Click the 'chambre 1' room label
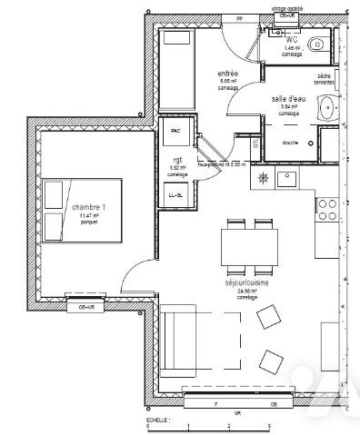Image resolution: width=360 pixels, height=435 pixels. [x=89, y=208]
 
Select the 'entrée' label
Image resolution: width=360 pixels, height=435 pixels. [x=228, y=74]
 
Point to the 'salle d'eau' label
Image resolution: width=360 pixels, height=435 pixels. [x=288, y=98]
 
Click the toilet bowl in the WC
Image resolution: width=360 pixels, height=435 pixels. [x=317, y=44]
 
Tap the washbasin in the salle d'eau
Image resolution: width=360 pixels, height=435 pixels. [x=326, y=109]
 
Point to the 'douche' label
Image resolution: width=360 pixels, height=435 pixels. [x=290, y=143]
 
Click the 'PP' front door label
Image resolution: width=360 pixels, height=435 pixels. [x=239, y=17]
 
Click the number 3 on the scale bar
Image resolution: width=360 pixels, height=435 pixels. [x=270, y=426]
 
